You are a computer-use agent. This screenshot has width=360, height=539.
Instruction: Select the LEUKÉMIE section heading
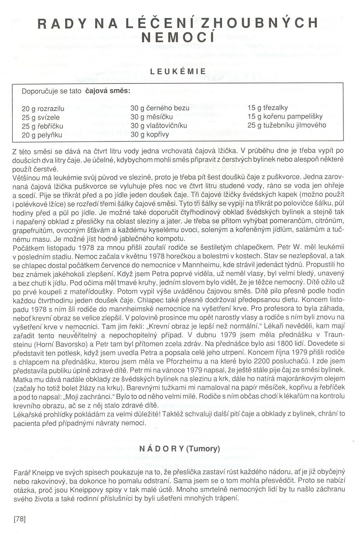pos(178,71)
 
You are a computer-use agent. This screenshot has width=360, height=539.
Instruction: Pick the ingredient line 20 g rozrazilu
pos(43,109)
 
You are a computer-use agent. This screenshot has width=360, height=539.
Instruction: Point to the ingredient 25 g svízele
pos(40,117)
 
